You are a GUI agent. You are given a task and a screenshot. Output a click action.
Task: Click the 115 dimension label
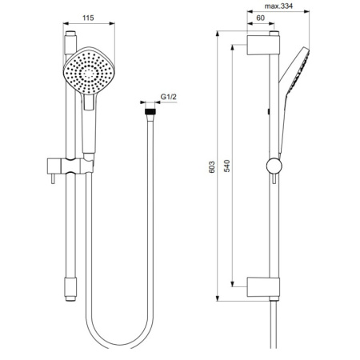click(88, 18)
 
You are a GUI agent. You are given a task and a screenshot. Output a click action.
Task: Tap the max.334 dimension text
click(278, 6)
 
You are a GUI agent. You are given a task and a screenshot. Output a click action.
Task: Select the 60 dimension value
click(260, 18)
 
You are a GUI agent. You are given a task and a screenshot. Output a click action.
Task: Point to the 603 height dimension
click(211, 167)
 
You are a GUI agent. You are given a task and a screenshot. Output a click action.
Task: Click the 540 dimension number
click(226, 166)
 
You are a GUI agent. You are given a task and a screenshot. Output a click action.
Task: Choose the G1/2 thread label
click(168, 97)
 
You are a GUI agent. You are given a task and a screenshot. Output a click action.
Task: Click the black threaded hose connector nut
click(150, 111)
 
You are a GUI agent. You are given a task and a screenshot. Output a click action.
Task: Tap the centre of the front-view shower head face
click(89, 70)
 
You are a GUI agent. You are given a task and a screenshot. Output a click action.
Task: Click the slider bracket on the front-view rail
click(70, 166)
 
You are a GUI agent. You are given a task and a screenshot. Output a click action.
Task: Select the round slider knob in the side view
click(274, 166)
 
